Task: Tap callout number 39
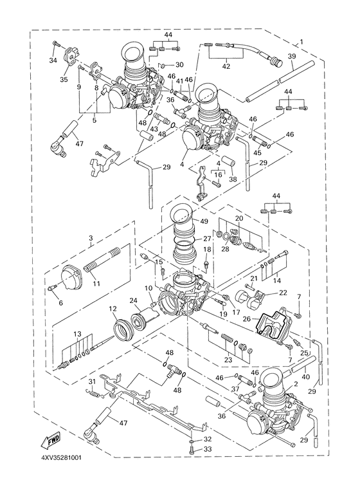tap(291, 57)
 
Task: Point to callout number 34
tap(53, 61)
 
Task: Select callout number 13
tap(77, 335)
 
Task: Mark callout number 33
tap(207, 450)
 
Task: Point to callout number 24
tap(134, 300)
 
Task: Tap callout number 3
tap(91, 238)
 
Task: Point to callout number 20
tap(239, 219)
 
